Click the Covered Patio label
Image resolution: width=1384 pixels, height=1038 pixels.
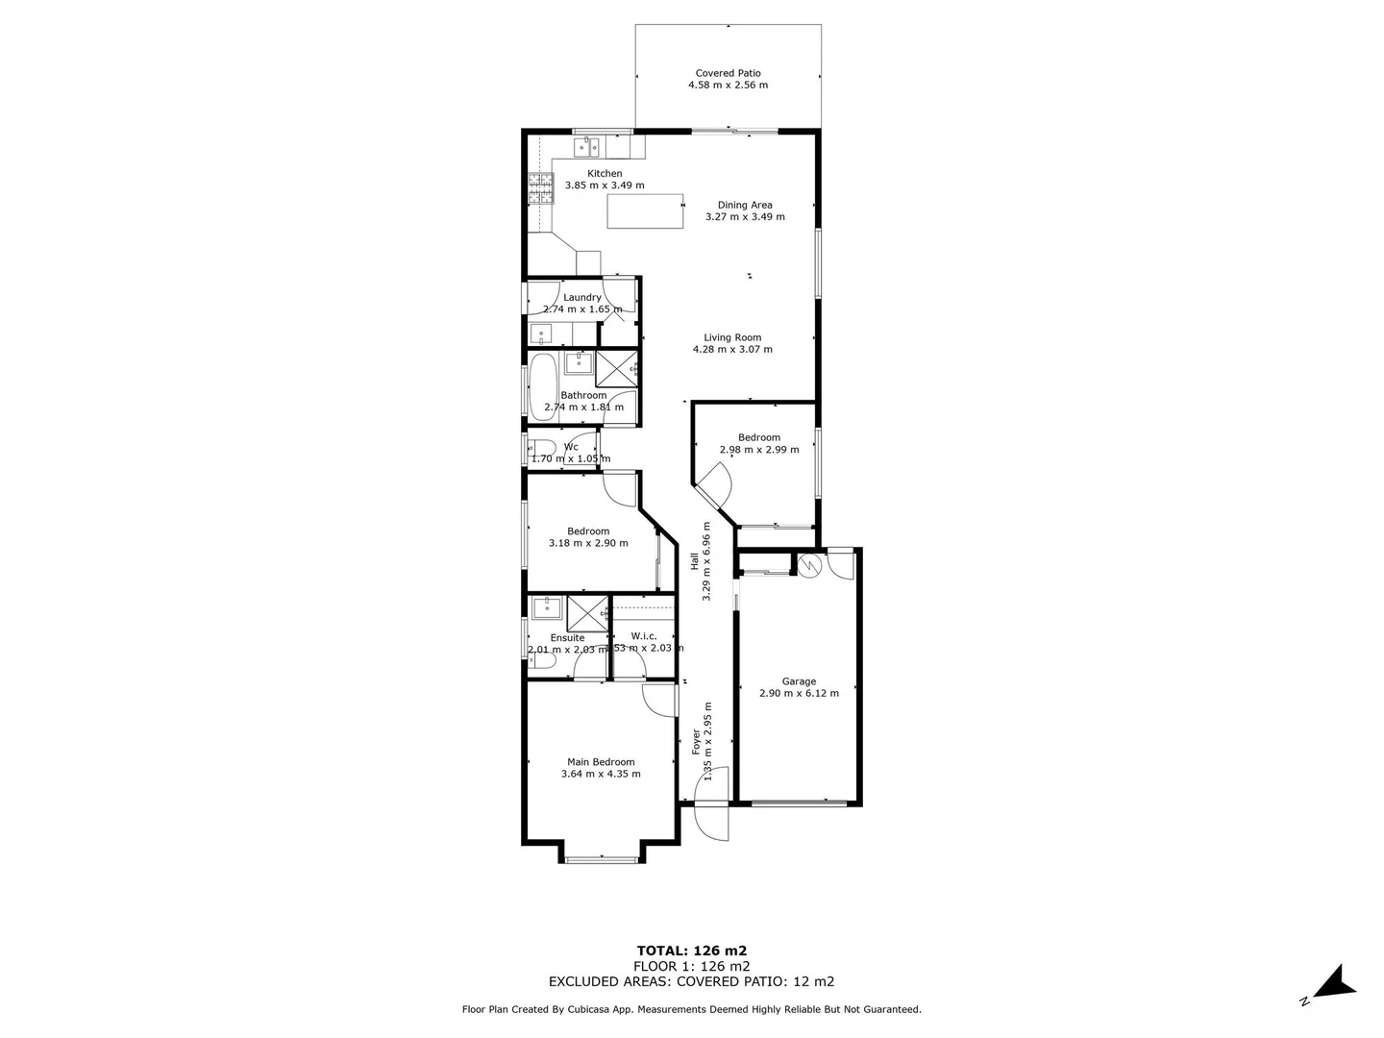[728, 73]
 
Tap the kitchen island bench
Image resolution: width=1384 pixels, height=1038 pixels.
[645, 211]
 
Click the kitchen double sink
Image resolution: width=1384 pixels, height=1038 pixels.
[586, 147]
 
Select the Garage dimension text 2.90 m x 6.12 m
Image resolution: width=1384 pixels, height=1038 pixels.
[799, 693]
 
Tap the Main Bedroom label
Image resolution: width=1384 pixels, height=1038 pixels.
[601, 762]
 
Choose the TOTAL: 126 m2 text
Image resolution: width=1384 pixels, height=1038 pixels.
[691, 951]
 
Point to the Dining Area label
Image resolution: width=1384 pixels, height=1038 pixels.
[745, 205]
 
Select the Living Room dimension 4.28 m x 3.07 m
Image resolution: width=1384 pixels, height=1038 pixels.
[732, 349]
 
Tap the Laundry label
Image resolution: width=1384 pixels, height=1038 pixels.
[582, 297]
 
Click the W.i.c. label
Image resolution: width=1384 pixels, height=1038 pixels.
[644, 636]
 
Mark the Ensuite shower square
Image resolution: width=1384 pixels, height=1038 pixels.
[587, 612]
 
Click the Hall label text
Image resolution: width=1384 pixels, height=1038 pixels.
[694, 560]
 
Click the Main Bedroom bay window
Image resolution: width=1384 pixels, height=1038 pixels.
[601, 858]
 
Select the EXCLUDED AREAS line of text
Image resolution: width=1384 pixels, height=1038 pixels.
[691, 981]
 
